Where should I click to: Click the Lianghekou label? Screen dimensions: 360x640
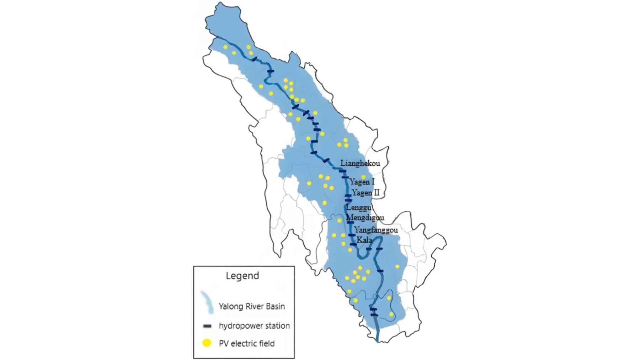point(360,163)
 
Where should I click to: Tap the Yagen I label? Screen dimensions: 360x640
point(362,182)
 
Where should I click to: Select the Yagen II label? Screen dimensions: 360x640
point(366,193)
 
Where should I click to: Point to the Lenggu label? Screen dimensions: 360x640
point(358,208)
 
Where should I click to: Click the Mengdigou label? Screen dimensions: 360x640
point(365,217)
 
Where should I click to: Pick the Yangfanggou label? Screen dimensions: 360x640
point(376,230)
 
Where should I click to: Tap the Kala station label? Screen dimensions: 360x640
point(364,240)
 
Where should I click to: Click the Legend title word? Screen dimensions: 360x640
point(242,276)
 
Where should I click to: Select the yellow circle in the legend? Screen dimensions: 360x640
point(207,343)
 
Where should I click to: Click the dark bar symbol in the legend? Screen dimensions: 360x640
point(207,326)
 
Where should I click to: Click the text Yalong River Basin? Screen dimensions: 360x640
point(252,306)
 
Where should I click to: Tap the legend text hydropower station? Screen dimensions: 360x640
point(254,326)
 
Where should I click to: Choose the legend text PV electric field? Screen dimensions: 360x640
point(247,343)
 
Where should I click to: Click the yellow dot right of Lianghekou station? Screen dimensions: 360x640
point(363,177)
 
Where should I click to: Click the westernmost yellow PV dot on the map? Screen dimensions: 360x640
point(225,47)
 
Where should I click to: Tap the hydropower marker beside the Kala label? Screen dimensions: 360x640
point(353,244)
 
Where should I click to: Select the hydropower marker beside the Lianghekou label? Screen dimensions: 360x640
point(342,171)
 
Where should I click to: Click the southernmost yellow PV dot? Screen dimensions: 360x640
point(391,314)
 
